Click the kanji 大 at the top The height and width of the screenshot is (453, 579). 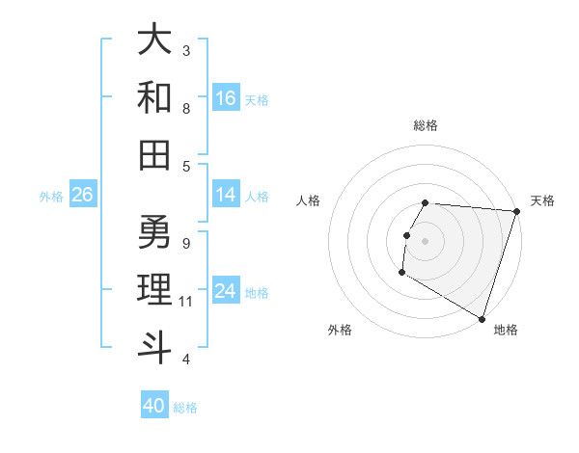[154, 40]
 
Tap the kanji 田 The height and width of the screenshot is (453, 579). [154, 153]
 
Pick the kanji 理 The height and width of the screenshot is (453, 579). [154, 288]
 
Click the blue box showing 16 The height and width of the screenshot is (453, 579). [226, 97]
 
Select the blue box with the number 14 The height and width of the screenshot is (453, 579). [226, 195]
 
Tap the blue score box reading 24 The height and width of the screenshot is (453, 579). [226, 291]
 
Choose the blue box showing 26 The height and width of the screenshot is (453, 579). [82, 195]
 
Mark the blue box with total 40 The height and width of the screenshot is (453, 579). [154, 406]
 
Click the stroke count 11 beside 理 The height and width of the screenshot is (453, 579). [186, 302]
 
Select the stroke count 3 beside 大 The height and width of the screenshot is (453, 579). [185, 50]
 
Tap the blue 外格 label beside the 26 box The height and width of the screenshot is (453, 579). [51, 197]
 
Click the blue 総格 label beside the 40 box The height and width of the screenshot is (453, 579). [185, 408]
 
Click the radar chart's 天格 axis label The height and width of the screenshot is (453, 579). [542, 200]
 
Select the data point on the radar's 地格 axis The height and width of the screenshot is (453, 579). [481, 317]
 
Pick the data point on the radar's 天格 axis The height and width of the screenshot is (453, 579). [516, 211]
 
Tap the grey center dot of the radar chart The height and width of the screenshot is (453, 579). [425, 241]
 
